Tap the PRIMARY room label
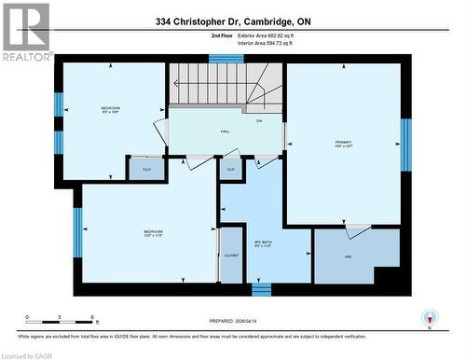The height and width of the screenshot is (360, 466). (x=344, y=144)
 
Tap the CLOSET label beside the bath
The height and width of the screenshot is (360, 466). (x=231, y=255)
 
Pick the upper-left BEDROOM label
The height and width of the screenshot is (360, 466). (x=110, y=110)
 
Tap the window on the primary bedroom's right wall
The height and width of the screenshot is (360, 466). (x=405, y=145)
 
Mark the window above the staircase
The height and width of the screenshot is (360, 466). (x=226, y=59)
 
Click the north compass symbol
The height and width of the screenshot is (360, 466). (x=428, y=318)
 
